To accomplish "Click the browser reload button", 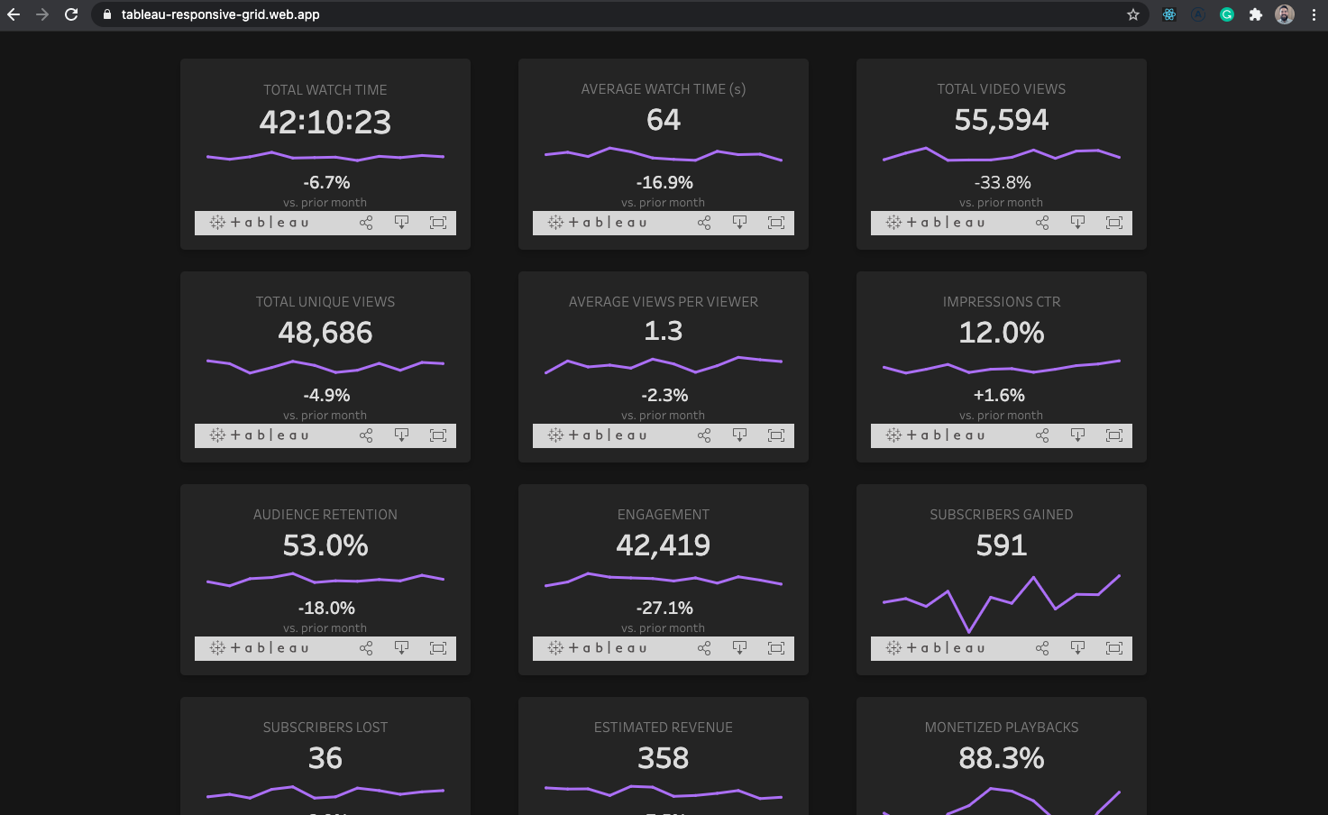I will click(71, 14).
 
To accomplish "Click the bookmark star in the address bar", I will click(1133, 14).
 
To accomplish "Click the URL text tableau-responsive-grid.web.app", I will click(220, 14).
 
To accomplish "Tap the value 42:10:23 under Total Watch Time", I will click(325, 122).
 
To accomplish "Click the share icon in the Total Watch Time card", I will click(366, 223).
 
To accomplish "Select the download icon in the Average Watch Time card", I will click(739, 223).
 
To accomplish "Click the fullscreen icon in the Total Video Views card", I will click(1114, 223).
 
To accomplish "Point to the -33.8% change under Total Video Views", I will click(1002, 182).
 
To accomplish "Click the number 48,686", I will click(325, 333).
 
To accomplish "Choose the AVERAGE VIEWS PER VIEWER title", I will click(663, 302).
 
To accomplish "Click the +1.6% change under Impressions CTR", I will click(999, 395).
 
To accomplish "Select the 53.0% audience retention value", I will click(325, 545).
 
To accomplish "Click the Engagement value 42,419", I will click(663, 545).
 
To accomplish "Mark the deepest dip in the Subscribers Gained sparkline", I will click(969, 630).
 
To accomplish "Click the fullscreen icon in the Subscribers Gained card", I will click(1114, 648).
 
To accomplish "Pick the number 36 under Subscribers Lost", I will click(325, 758).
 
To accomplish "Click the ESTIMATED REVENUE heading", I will click(663, 728).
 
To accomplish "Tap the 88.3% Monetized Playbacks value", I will click(1001, 758).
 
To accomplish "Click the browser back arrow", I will click(14, 14).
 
